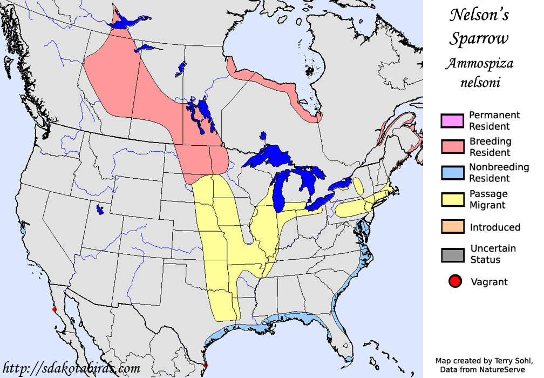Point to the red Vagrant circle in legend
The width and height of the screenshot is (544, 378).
point(455,281)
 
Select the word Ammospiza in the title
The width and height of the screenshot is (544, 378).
point(479,64)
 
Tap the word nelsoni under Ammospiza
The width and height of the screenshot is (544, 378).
point(480,83)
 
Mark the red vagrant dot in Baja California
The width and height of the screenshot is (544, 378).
point(53,309)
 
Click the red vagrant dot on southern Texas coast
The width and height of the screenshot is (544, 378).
point(205,367)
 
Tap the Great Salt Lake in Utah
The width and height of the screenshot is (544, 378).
point(100,209)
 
